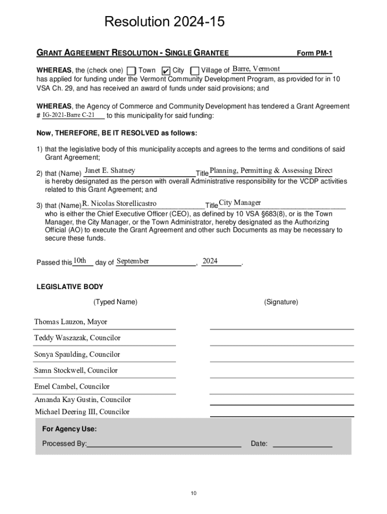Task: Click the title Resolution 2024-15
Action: [164, 22]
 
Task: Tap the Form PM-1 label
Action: [315, 53]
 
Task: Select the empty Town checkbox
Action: [131, 71]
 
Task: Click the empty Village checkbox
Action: [195, 71]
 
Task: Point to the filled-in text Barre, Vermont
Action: [256, 69]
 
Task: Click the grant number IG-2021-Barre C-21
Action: [68, 115]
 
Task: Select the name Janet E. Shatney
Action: [110, 171]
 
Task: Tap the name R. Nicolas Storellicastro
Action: [120, 203]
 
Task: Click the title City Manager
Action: [240, 203]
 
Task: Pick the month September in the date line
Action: [133, 261]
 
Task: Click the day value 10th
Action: [80, 261]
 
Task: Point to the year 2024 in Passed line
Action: [210, 261]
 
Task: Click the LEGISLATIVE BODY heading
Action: [70, 287]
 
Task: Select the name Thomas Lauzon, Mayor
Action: [70, 322]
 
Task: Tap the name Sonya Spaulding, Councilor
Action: [77, 354]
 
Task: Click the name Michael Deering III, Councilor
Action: [82, 412]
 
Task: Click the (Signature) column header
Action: [281, 302]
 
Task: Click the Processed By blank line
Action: [164, 444]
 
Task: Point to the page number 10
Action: [193, 493]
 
